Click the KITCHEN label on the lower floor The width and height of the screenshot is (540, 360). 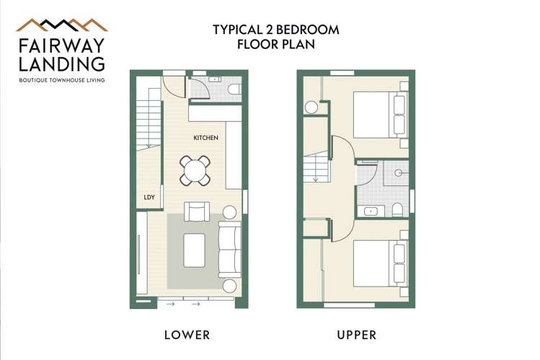(205, 137)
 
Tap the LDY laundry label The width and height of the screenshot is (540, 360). (149, 197)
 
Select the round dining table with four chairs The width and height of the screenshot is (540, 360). (195, 170)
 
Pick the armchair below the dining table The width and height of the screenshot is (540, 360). (197, 211)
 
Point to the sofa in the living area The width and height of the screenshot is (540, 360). (230, 249)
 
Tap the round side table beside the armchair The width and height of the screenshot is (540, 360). (230, 213)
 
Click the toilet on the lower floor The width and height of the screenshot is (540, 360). (233, 89)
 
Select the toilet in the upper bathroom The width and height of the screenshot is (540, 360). (397, 210)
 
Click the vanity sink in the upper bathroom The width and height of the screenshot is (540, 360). (371, 211)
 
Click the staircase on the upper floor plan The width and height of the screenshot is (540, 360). (315, 170)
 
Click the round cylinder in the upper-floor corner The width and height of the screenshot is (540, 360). (311, 107)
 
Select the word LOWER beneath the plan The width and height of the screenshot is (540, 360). (187, 335)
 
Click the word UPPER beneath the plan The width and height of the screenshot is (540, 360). (356, 335)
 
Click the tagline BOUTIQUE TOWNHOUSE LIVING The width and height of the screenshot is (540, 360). (61, 80)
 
